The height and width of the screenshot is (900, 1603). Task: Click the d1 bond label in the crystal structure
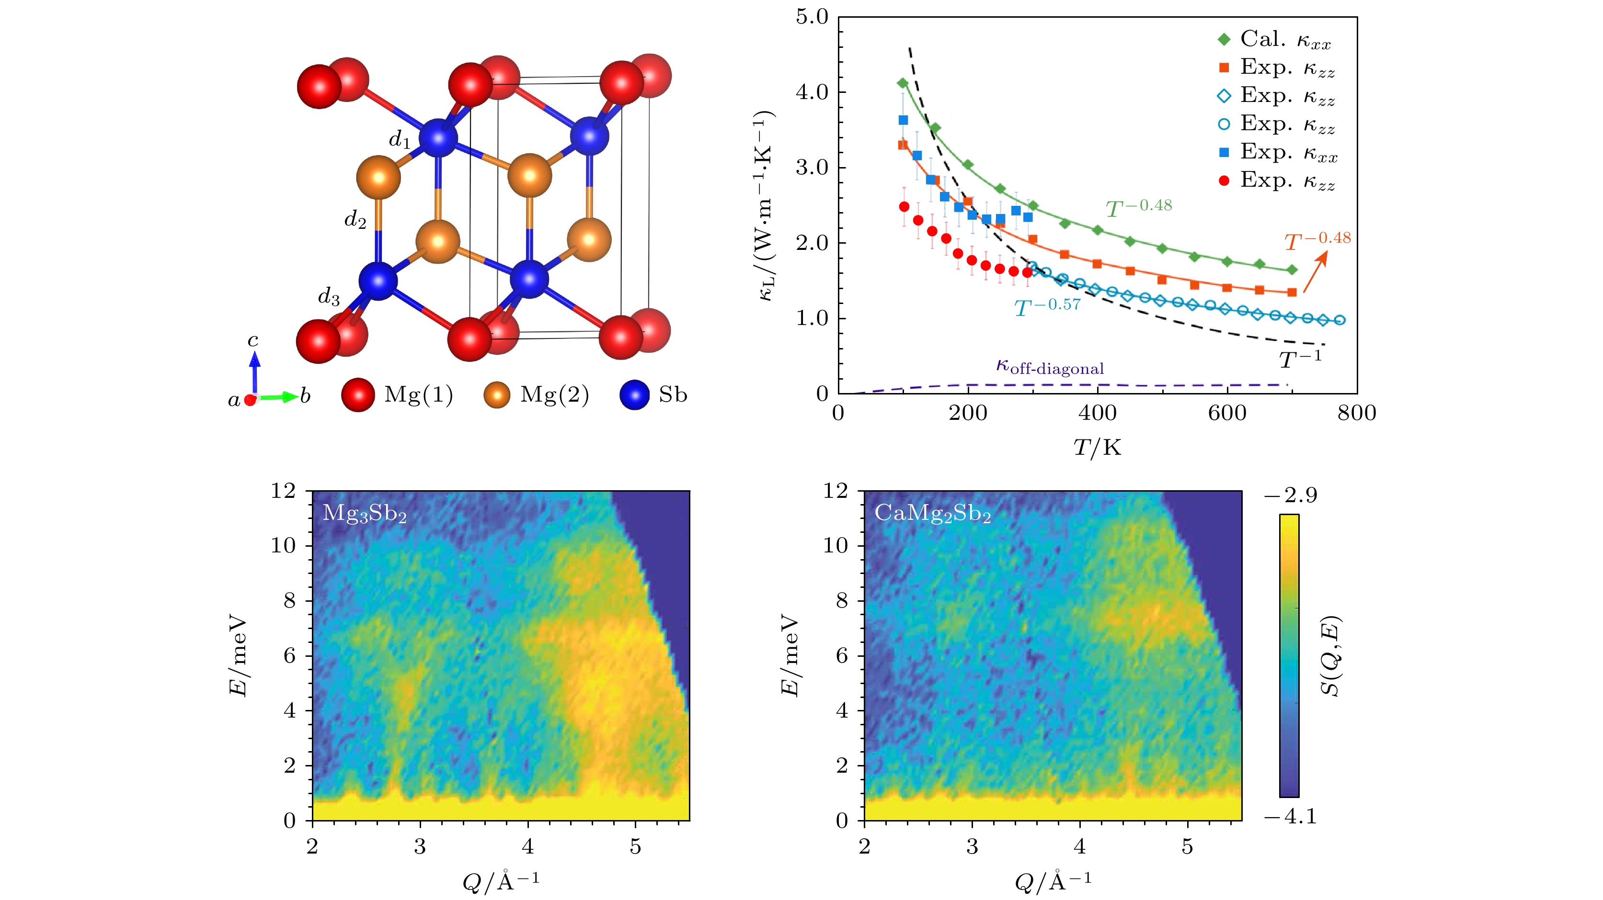point(400,140)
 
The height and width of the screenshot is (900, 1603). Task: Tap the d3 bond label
point(329,297)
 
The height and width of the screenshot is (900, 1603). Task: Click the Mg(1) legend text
point(419,394)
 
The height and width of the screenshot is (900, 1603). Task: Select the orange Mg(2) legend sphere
point(497,395)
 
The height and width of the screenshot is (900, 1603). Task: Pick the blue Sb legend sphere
point(635,395)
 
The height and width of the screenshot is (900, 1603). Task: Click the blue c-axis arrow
point(254,370)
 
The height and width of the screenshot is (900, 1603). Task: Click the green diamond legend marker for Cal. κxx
point(1224,39)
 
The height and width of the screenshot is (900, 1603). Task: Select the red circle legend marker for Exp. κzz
point(1224,181)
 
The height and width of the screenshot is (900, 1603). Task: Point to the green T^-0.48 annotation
point(1139,207)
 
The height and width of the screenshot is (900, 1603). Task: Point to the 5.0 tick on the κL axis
point(812,17)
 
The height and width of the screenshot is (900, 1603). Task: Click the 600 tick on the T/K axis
point(1227,413)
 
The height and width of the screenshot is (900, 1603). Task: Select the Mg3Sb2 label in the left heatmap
point(365,514)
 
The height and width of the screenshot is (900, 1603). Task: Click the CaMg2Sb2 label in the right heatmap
point(933,514)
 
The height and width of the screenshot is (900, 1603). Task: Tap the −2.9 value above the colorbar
point(1291,495)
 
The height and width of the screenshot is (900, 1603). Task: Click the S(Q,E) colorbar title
point(1330,656)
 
